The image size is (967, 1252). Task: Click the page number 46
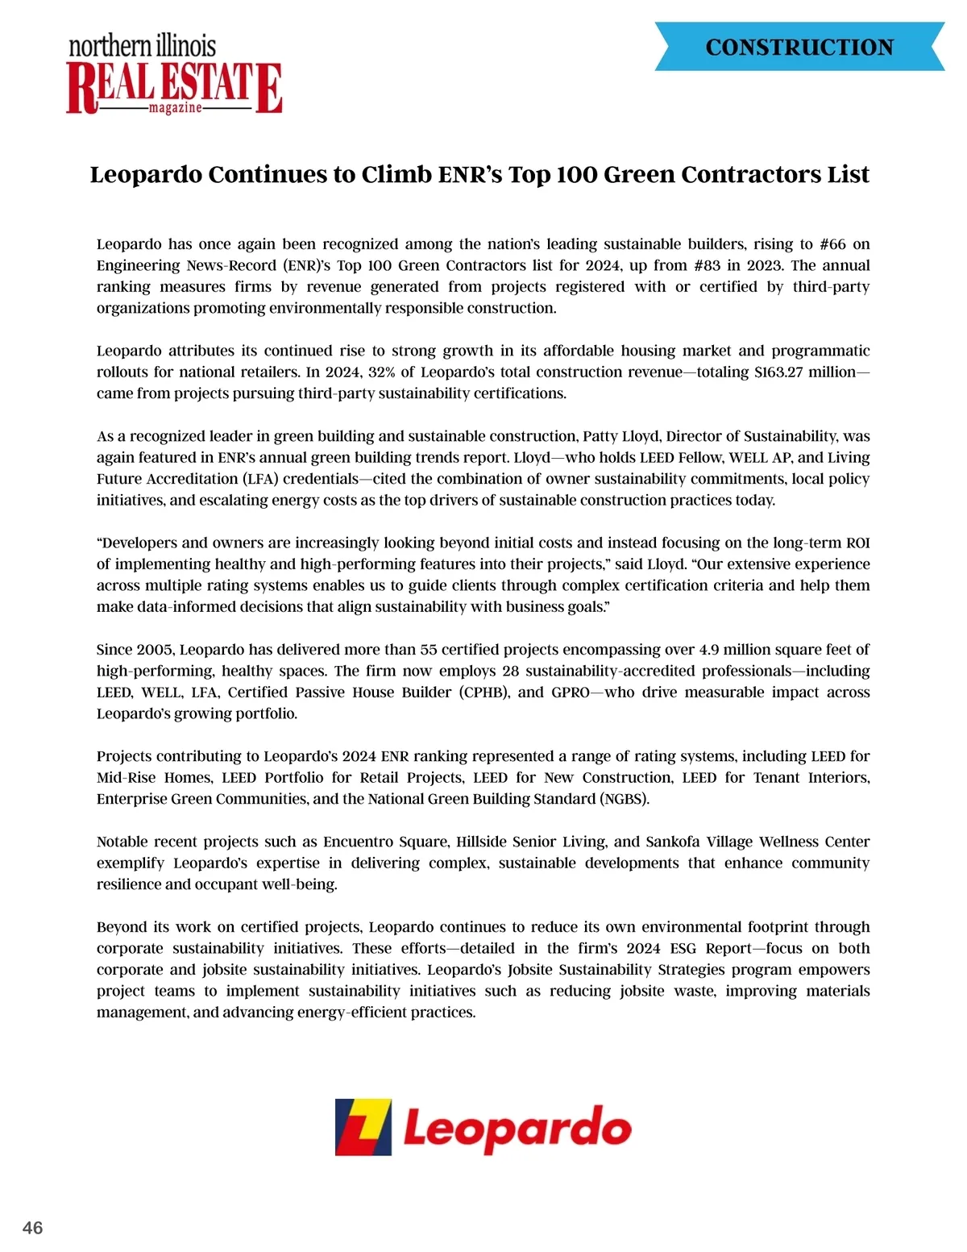tap(33, 1228)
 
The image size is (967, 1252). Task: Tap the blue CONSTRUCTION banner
tap(799, 48)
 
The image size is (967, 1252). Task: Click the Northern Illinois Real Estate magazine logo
tap(174, 75)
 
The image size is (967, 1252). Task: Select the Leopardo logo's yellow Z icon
tap(363, 1127)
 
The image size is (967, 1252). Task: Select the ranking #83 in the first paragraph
tap(707, 265)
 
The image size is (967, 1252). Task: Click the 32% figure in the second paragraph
tap(381, 372)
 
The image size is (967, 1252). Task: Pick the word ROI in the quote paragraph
tap(857, 543)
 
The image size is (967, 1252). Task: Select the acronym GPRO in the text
tap(571, 693)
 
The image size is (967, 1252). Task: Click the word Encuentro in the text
tap(355, 842)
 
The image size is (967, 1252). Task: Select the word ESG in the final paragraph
tap(683, 949)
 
